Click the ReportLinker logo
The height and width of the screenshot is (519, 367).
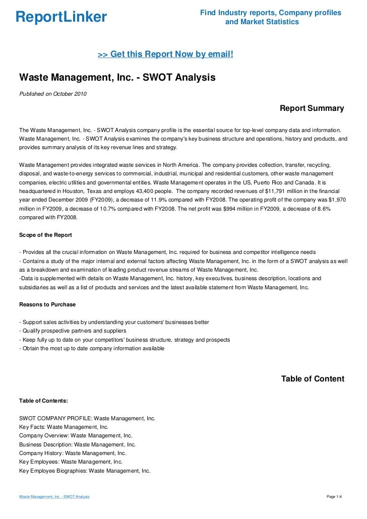61,17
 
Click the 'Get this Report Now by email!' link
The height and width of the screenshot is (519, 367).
165,53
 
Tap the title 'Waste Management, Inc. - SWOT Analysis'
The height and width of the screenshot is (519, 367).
117,78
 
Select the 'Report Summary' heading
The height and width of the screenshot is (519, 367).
312,108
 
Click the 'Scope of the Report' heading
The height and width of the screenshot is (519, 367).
45,235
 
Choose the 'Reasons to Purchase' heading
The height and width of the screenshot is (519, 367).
47,304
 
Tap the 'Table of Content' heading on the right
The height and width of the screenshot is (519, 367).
313,379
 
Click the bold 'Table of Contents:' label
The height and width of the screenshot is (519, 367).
43,401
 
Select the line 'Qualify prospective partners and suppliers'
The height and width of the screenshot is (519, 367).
73,331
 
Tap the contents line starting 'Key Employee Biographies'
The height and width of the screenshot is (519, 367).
85,471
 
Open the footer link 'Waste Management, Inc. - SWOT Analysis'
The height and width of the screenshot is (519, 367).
54,497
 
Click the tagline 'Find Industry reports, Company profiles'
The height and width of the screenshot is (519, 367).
271,13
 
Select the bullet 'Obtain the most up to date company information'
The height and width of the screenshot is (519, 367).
91,348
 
